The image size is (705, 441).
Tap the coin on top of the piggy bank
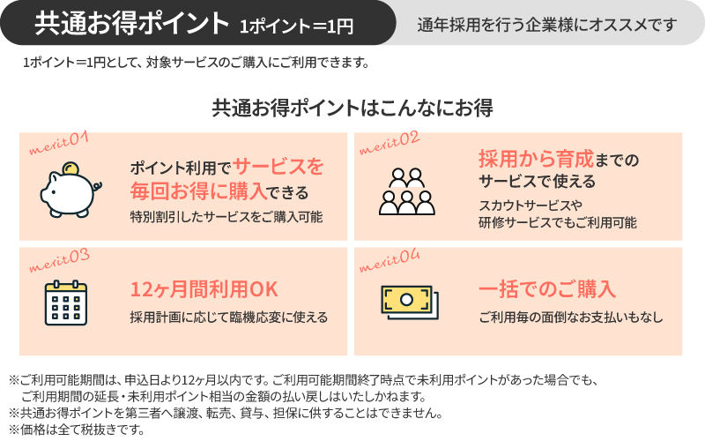[70, 168]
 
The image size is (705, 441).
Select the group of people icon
[407, 191]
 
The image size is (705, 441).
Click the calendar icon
[66, 303]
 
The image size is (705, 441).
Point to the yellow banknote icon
[410, 303]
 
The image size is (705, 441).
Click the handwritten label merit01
[58, 143]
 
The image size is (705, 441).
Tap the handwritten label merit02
[390, 143]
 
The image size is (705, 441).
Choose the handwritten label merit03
[59, 260]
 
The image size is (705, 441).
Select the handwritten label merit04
[390, 260]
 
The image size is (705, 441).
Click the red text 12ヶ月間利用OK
[204, 289]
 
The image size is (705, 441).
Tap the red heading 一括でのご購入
[546, 289]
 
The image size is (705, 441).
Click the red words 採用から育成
[537, 159]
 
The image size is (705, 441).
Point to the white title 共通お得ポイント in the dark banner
[131, 23]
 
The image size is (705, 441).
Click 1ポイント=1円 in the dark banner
[296, 26]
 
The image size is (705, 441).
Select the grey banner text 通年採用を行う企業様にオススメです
[546, 25]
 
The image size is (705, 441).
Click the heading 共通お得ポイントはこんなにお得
[352, 108]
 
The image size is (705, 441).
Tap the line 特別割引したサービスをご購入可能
[226, 217]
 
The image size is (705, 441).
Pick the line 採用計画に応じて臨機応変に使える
[229, 318]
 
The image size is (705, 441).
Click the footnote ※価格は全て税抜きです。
[77, 430]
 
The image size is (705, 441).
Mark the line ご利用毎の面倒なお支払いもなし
[571, 318]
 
